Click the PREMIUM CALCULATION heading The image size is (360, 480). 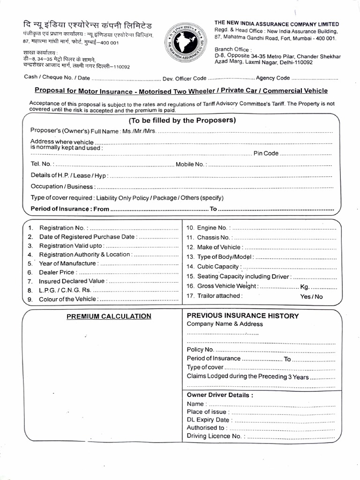pyautogui.click(x=109, y=316)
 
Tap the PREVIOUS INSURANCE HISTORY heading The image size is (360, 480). pyautogui.click(x=243, y=315)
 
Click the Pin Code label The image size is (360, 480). pyautogui.click(x=266, y=153)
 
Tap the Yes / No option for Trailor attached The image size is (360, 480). pyautogui.click(x=311, y=296)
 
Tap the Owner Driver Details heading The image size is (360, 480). pyautogui.click(x=220, y=395)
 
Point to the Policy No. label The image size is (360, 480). pyautogui.click(x=201, y=349)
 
